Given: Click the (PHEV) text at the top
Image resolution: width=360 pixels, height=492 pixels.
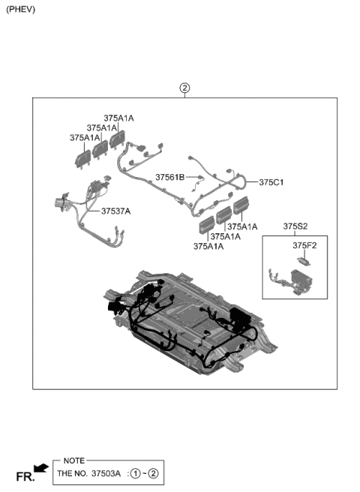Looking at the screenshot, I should (20, 10).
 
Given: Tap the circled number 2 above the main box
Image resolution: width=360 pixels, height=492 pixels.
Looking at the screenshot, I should (184, 88).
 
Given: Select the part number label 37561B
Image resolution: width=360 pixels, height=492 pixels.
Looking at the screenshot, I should (170, 177).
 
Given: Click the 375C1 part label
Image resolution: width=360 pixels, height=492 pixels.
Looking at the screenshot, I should (271, 182).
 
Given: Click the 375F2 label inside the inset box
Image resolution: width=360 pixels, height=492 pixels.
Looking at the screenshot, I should (304, 244).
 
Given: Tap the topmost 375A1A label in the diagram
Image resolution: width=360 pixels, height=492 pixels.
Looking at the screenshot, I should (118, 118).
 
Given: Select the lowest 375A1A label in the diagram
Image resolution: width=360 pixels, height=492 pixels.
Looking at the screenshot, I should (208, 246).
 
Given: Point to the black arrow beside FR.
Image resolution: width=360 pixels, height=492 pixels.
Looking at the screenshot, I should (43, 469).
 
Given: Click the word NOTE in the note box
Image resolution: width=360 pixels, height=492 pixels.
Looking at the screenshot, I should (74, 460).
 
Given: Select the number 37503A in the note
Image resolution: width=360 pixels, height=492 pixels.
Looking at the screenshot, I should (105, 474).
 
